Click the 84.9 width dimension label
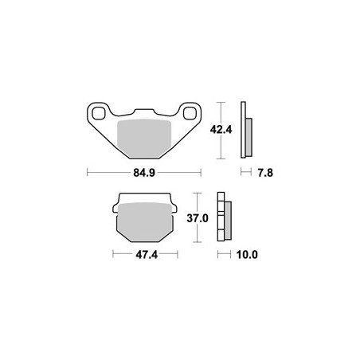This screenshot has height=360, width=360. pyautogui.click(x=144, y=173)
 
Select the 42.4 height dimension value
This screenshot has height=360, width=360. pyautogui.click(x=221, y=130)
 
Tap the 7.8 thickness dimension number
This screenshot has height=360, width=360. pyautogui.click(x=265, y=173)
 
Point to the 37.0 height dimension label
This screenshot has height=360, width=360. pyautogui.click(x=198, y=218)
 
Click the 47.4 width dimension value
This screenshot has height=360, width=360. pyautogui.click(x=147, y=255)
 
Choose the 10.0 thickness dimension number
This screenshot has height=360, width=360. pyautogui.click(x=247, y=255)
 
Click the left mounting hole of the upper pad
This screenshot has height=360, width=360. pyautogui.click(x=99, y=113)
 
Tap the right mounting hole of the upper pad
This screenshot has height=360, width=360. pyautogui.click(x=190, y=113)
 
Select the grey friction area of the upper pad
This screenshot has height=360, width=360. pyautogui.click(x=144, y=139)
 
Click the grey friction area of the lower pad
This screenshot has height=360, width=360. pyautogui.click(x=145, y=222)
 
